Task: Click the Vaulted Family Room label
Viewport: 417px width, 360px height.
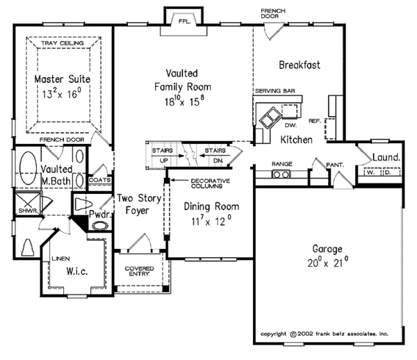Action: coord(183,87)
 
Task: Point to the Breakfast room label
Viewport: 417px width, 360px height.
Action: coord(299,65)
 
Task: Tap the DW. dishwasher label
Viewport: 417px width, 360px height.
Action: coord(291,125)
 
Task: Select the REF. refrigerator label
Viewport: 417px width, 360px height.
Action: coord(315,120)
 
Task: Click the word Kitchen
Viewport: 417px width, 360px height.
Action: coord(295,140)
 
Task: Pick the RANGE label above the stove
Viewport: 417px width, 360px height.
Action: coord(281,164)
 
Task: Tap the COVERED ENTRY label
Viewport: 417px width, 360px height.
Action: coord(139,272)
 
